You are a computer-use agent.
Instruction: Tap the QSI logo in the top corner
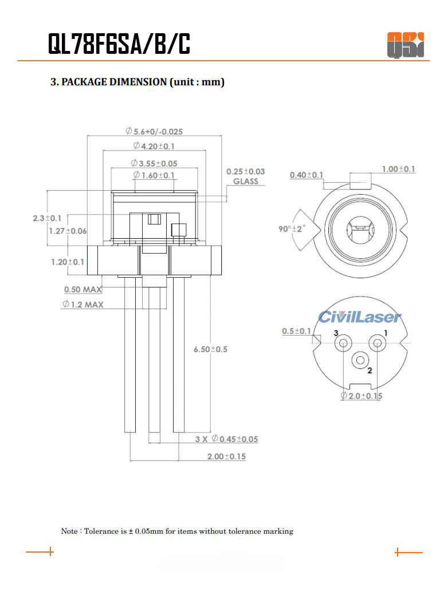(x=405, y=45)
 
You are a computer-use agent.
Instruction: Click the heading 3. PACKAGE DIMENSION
(x=137, y=82)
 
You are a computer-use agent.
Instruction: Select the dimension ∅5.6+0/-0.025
(x=154, y=132)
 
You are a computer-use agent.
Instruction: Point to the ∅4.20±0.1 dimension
(x=154, y=146)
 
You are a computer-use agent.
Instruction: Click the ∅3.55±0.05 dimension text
(x=154, y=163)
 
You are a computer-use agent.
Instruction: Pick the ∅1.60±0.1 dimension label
(x=154, y=175)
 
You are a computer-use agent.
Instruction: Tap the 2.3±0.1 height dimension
(x=47, y=218)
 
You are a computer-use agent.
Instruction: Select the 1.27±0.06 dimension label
(x=68, y=231)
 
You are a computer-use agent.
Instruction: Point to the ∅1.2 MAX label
(x=83, y=304)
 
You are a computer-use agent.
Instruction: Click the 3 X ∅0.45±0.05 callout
(x=226, y=439)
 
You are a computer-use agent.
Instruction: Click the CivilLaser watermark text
(x=360, y=317)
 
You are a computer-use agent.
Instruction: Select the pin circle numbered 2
(x=360, y=360)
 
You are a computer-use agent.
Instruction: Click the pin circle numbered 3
(x=343, y=343)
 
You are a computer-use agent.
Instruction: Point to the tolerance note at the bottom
(x=177, y=531)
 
